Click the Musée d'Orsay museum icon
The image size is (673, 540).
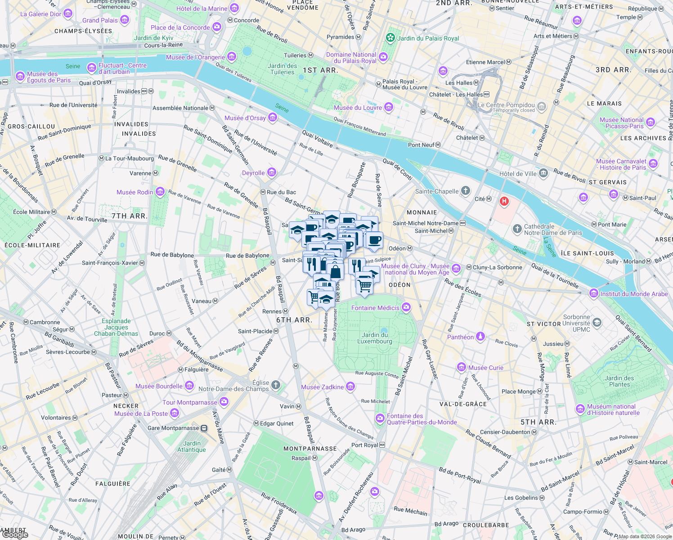[272, 118]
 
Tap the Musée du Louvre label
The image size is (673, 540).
[358, 108]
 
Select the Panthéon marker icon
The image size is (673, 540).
[480, 337]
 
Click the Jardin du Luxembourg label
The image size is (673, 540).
[375, 338]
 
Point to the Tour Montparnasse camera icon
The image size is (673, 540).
[224, 402]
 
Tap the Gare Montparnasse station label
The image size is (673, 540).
[173, 428]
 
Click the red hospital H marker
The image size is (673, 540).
[504, 202]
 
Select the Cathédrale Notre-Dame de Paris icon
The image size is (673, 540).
[517, 229]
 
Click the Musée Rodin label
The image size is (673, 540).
[135, 192]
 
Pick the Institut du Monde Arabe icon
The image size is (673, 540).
[594, 293]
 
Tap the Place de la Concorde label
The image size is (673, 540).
[180, 27]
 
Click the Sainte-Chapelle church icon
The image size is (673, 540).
[466, 191]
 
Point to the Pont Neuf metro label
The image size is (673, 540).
[421, 145]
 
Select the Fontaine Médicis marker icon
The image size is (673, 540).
[406, 307]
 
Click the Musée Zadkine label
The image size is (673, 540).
[322, 387]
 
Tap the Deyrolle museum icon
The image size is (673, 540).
[271, 172]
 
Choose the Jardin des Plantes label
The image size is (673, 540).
[619, 381]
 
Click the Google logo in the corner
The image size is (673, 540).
[15, 535]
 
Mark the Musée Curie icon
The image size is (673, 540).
[461, 367]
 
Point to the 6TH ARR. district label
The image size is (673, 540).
[294, 320]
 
